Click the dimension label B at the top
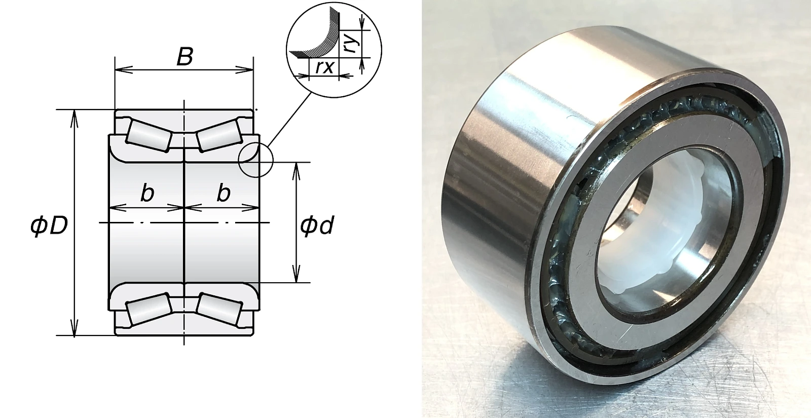pos(185,57)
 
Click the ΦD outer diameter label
pos(49,225)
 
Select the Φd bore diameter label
pos(317,225)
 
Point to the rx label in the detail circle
pos(324,67)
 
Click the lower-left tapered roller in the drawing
pos(149,308)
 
